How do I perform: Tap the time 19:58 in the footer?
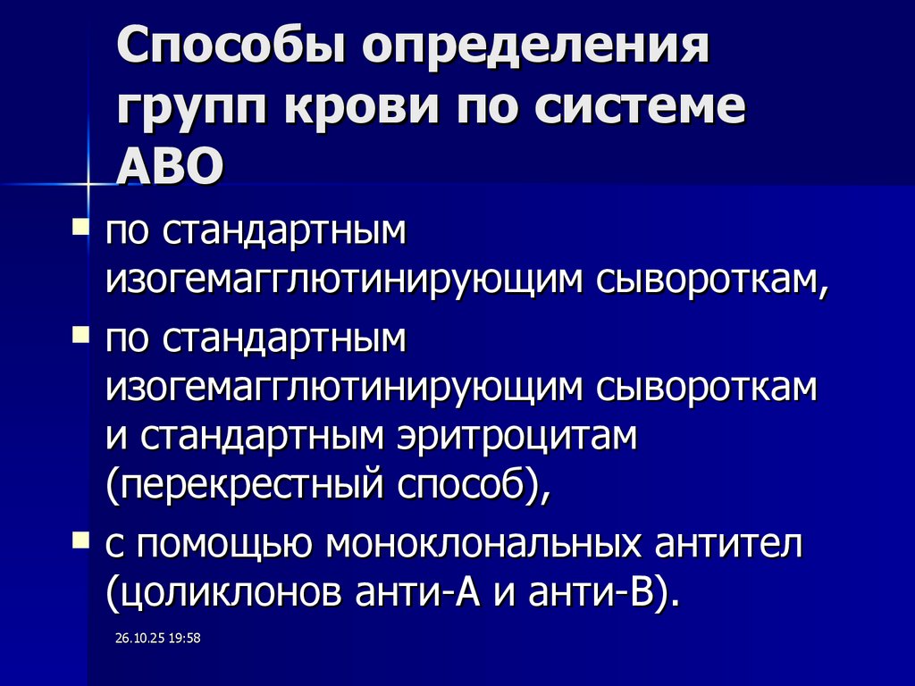coord(183,639)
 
